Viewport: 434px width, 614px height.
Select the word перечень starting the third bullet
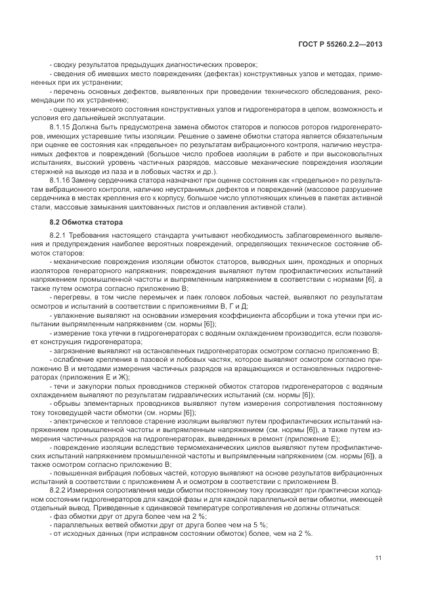pyautogui.click(x=68, y=90)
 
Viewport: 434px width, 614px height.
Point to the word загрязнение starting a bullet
pyautogui.click(x=71, y=350)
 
